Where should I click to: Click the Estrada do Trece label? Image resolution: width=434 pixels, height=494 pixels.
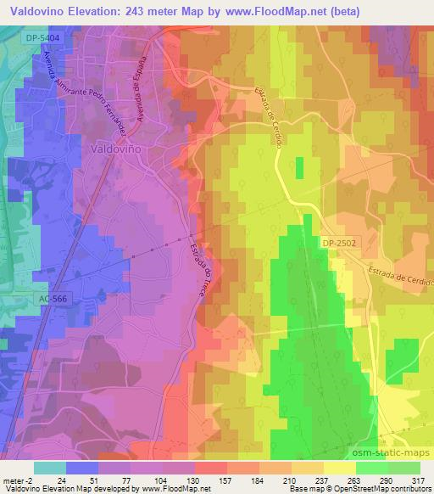tap(209, 267)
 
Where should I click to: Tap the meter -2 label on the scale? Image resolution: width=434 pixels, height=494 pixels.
tap(18, 480)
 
